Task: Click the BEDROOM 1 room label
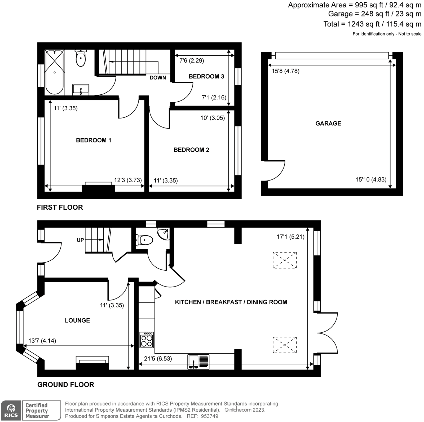click(x=93, y=140)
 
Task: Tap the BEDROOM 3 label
click(x=206, y=77)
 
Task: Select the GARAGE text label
click(x=328, y=123)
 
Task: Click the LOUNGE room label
click(x=77, y=320)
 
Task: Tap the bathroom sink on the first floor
click(x=81, y=90)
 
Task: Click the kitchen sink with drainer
click(x=198, y=362)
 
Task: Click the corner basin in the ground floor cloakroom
click(x=163, y=234)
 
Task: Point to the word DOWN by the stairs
click(x=158, y=78)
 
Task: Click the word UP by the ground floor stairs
click(x=80, y=240)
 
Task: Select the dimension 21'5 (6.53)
click(x=158, y=359)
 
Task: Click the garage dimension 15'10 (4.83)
click(x=371, y=179)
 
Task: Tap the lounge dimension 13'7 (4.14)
click(x=42, y=341)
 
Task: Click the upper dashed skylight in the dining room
click(x=285, y=260)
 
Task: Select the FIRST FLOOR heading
click(x=60, y=207)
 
